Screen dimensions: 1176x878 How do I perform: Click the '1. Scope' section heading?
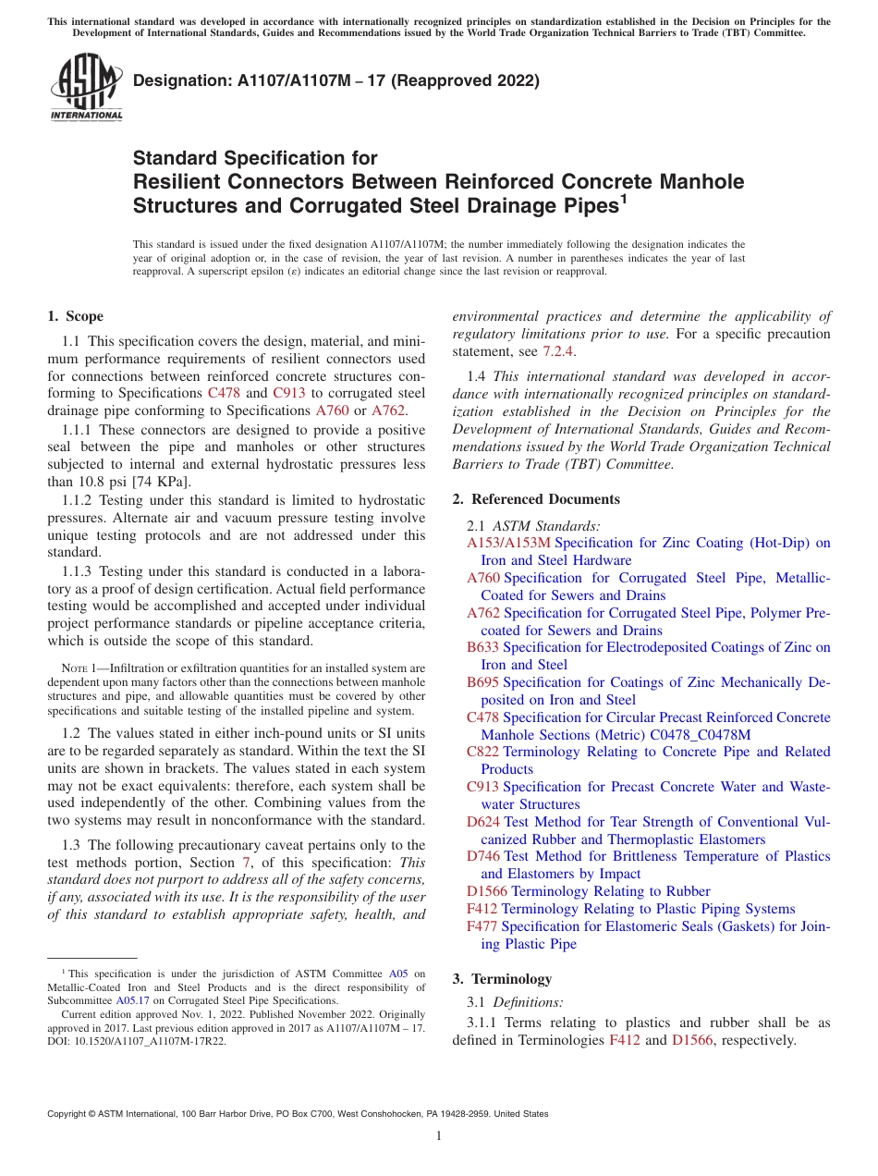(75, 316)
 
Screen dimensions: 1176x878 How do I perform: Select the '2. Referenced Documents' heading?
(536, 499)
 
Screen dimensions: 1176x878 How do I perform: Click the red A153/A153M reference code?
(508, 543)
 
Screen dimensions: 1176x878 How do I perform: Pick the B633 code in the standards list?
(482, 647)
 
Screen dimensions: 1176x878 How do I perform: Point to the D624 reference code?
(483, 822)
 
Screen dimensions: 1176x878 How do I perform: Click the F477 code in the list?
(482, 926)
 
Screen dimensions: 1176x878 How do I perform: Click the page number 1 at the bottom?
(439, 1136)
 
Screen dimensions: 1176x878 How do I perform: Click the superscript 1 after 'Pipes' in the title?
(624, 197)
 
